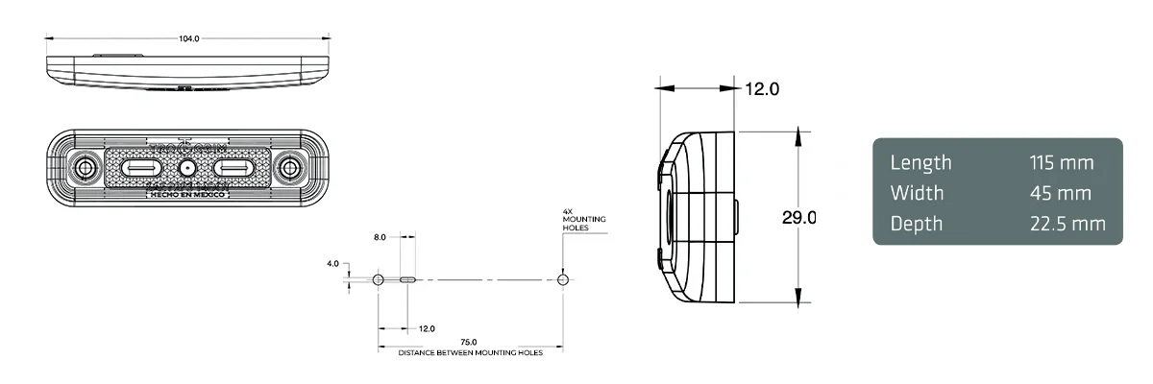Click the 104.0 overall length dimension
point(189,39)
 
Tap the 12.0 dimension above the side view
point(762,89)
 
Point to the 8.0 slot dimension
point(380,235)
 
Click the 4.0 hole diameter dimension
point(332,262)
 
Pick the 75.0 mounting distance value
point(469,343)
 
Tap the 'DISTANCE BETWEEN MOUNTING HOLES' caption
point(470,353)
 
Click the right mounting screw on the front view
point(288,169)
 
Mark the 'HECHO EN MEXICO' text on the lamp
point(187,194)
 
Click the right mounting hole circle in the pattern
point(563,280)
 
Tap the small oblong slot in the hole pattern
point(407,280)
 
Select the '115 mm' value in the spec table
point(1061,162)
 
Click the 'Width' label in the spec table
point(917,193)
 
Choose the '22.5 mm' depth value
point(1067,224)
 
